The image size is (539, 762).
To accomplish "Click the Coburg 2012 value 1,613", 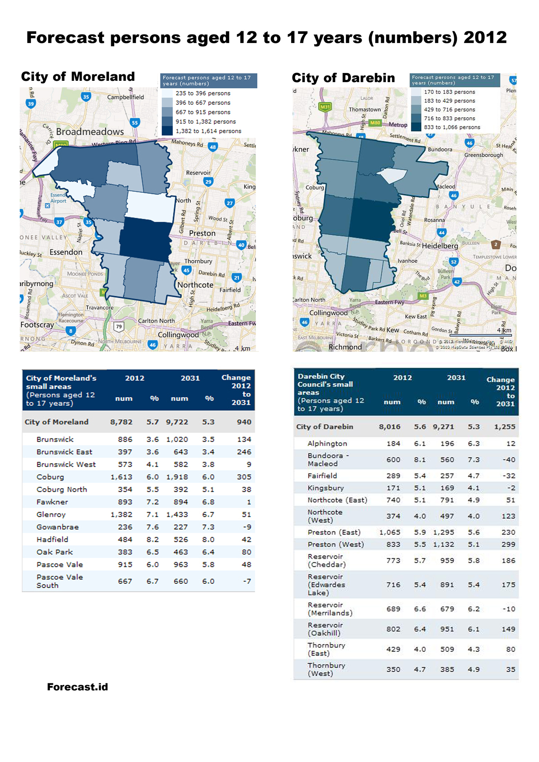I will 121,477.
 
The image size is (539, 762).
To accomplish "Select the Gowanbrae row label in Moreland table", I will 57,527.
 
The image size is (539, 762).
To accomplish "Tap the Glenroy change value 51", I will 246,514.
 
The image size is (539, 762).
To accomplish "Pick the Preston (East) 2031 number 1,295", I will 443,532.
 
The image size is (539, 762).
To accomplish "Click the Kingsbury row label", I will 326,488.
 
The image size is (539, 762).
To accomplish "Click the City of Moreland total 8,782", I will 121,422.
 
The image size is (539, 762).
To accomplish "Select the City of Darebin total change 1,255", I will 505,427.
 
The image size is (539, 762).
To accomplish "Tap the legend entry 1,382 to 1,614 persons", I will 208,131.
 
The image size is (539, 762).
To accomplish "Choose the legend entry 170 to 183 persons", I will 449,92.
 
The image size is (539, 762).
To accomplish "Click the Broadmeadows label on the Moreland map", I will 90,132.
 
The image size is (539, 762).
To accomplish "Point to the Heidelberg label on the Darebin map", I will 440,246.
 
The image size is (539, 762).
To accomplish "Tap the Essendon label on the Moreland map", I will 66,252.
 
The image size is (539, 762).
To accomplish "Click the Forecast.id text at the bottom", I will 77,687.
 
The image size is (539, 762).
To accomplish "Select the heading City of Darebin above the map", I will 343,78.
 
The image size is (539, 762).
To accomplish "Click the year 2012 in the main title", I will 485,38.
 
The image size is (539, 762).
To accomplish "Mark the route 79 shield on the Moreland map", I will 119,327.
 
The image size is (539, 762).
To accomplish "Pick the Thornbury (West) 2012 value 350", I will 393,669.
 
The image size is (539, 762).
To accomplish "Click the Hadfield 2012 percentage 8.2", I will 152,540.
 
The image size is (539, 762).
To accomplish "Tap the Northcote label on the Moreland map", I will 195,285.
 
